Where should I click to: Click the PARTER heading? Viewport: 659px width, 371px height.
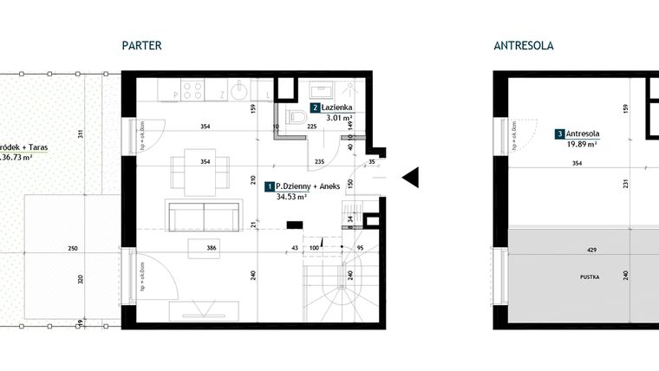(x=142, y=46)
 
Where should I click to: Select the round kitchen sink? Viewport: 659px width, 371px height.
(x=238, y=89)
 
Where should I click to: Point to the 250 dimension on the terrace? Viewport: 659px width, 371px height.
(x=73, y=250)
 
